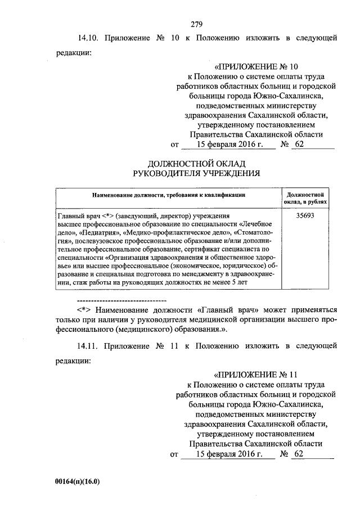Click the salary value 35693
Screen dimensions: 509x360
click(309, 216)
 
